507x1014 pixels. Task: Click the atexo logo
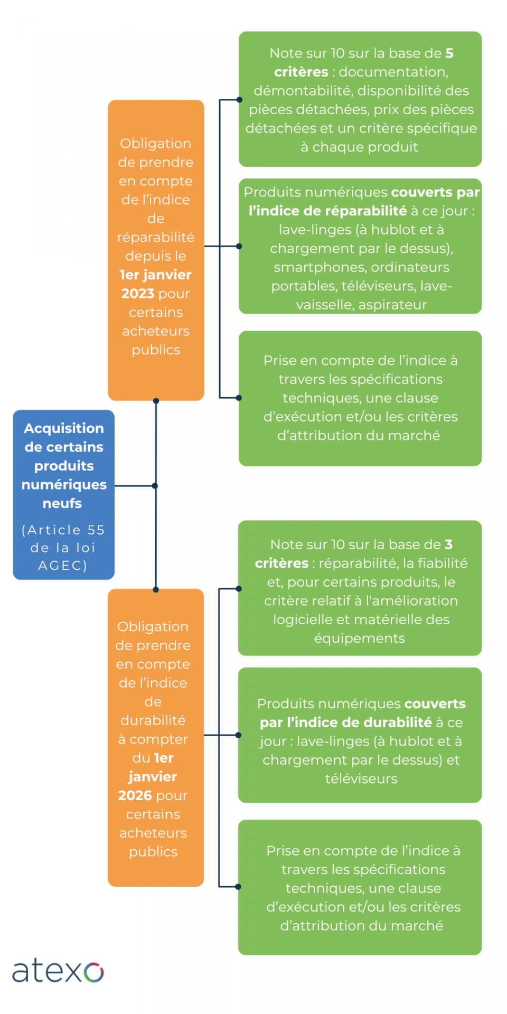tap(58, 972)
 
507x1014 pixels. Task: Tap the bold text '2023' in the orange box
tap(137, 294)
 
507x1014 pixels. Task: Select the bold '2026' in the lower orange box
tap(135, 795)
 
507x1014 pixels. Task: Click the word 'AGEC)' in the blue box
tap(63, 566)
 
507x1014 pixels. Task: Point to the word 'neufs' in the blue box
tap(62, 503)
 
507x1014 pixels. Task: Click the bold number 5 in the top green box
tap(449, 53)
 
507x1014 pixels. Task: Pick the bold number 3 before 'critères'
tap(448, 544)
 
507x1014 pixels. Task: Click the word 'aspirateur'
tap(392, 305)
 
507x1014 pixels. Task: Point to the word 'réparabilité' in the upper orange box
tap(156, 238)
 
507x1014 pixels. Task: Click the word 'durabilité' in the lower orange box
tap(153, 720)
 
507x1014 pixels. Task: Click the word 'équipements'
tap(360, 639)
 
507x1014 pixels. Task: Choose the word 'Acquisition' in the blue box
tap(64, 428)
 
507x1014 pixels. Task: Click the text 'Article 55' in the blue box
tap(63, 530)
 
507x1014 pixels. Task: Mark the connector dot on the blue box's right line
tap(155, 486)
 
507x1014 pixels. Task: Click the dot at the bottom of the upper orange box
tap(156, 401)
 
